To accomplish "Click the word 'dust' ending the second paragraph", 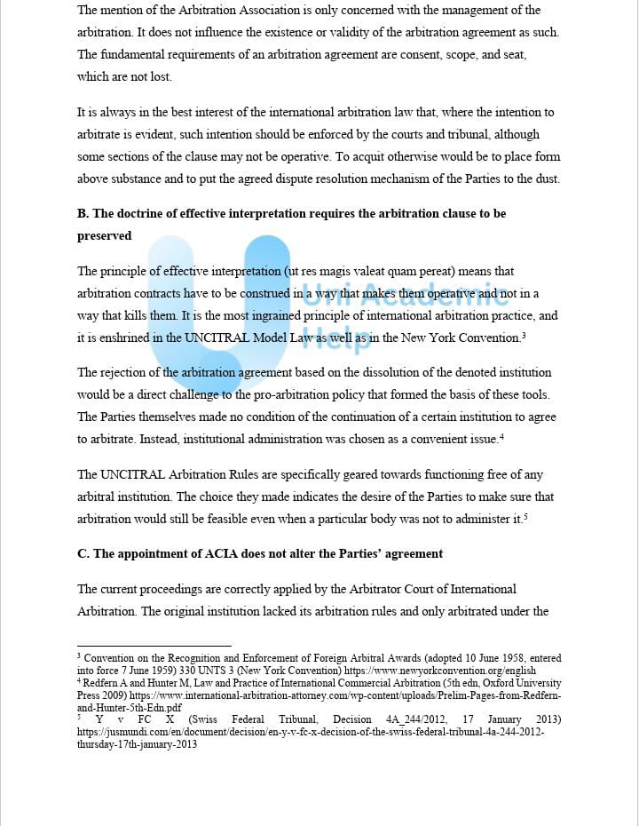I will pos(543,179).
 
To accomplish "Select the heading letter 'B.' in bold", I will pos(83,214).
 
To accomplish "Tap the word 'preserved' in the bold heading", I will pos(104,236).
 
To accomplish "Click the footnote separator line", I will pos(154,646).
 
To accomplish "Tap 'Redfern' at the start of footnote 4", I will pos(102,683).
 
